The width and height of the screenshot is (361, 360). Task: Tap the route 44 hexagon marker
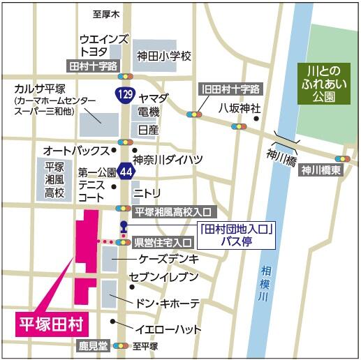[x=125, y=170]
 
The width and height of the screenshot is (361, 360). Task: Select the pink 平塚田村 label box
[x=50, y=323]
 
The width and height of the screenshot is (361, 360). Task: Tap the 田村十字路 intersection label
[x=92, y=66]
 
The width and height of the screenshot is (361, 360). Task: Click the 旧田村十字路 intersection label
[x=230, y=89]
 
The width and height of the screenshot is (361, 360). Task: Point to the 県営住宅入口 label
[x=163, y=242]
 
